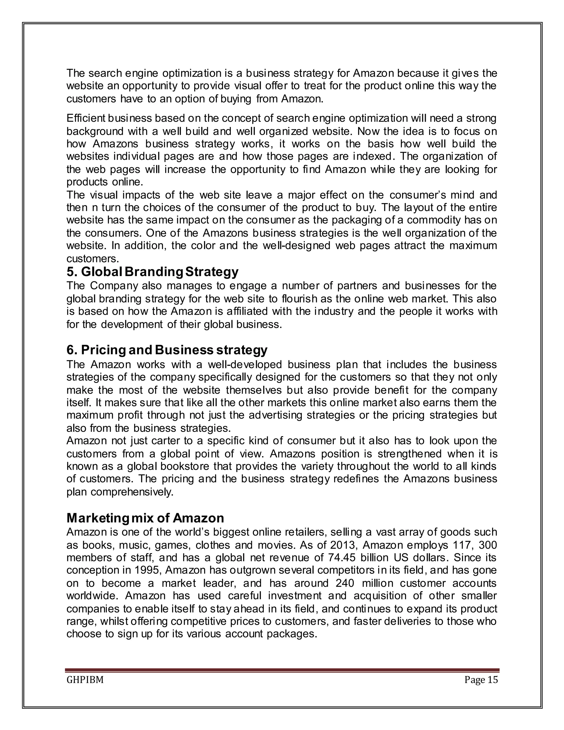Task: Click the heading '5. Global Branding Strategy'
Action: [152, 272]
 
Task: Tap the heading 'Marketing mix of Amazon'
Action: [145, 518]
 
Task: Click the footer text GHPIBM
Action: [85, 680]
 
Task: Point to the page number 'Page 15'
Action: [481, 680]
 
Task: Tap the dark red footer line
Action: [282, 670]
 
